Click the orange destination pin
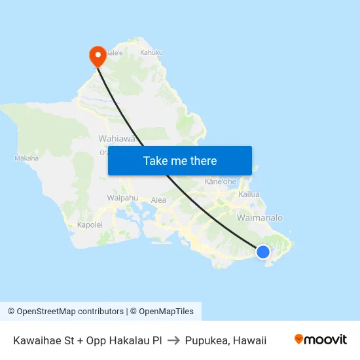98,56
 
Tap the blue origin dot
262,251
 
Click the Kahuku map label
151,52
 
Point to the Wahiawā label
116,139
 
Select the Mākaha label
26,158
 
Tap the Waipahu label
122,198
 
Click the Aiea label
158,200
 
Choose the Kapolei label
90,225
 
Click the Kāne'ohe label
220,181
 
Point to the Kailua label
249,194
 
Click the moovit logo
321,340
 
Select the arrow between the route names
173,340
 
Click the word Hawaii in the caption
251,340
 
